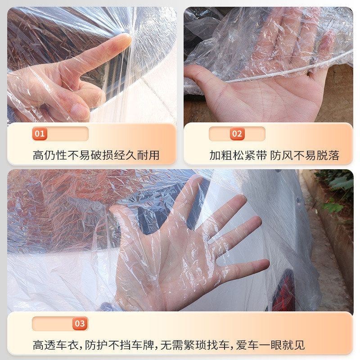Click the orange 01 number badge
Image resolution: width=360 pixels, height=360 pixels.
click(40, 134)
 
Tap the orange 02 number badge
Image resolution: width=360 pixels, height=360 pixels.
click(237, 134)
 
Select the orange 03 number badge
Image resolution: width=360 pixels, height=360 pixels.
click(80, 323)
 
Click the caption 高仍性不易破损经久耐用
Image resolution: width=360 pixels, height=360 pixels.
click(96, 155)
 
